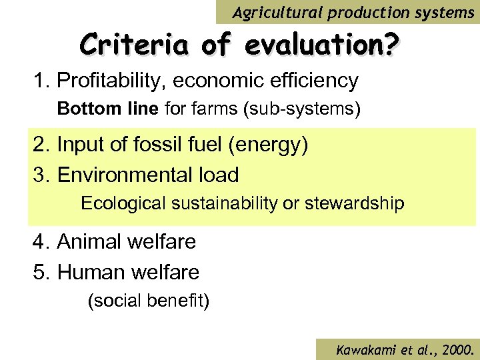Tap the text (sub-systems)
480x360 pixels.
[x=304, y=109]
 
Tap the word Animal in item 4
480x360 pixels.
[x=88, y=241]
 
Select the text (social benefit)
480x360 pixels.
[x=149, y=301]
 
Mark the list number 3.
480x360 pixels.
[x=38, y=175]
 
